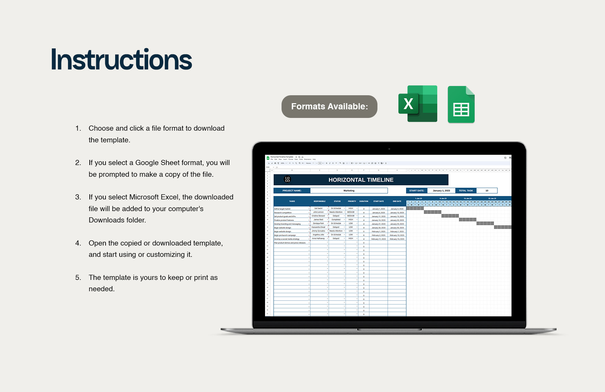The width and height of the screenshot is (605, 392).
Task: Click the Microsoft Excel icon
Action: (x=418, y=104)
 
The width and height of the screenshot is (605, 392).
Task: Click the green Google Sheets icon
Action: (x=461, y=105)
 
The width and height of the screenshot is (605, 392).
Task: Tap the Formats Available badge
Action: (x=329, y=107)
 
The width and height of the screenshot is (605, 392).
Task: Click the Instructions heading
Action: (x=121, y=60)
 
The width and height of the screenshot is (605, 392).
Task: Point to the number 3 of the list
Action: (x=78, y=197)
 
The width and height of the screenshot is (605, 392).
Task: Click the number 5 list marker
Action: (x=78, y=277)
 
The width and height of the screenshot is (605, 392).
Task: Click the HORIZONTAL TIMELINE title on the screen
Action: (x=361, y=180)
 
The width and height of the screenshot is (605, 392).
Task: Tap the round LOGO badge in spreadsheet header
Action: (x=287, y=179)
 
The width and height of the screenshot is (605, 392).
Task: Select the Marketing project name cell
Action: (x=349, y=190)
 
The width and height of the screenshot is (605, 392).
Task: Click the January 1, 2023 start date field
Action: (x=441, y=190)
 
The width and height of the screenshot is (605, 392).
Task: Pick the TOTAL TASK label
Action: (x=466, y=190)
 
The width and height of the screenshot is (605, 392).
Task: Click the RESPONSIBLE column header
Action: (x=319, y=201)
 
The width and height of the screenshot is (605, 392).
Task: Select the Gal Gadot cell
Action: (x=318, y=208)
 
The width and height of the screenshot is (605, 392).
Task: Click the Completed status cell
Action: (x=336, y=219)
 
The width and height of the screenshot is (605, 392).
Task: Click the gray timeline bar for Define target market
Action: (x=415, y=208)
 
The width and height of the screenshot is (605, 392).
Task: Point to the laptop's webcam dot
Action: (x=389, y=149)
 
